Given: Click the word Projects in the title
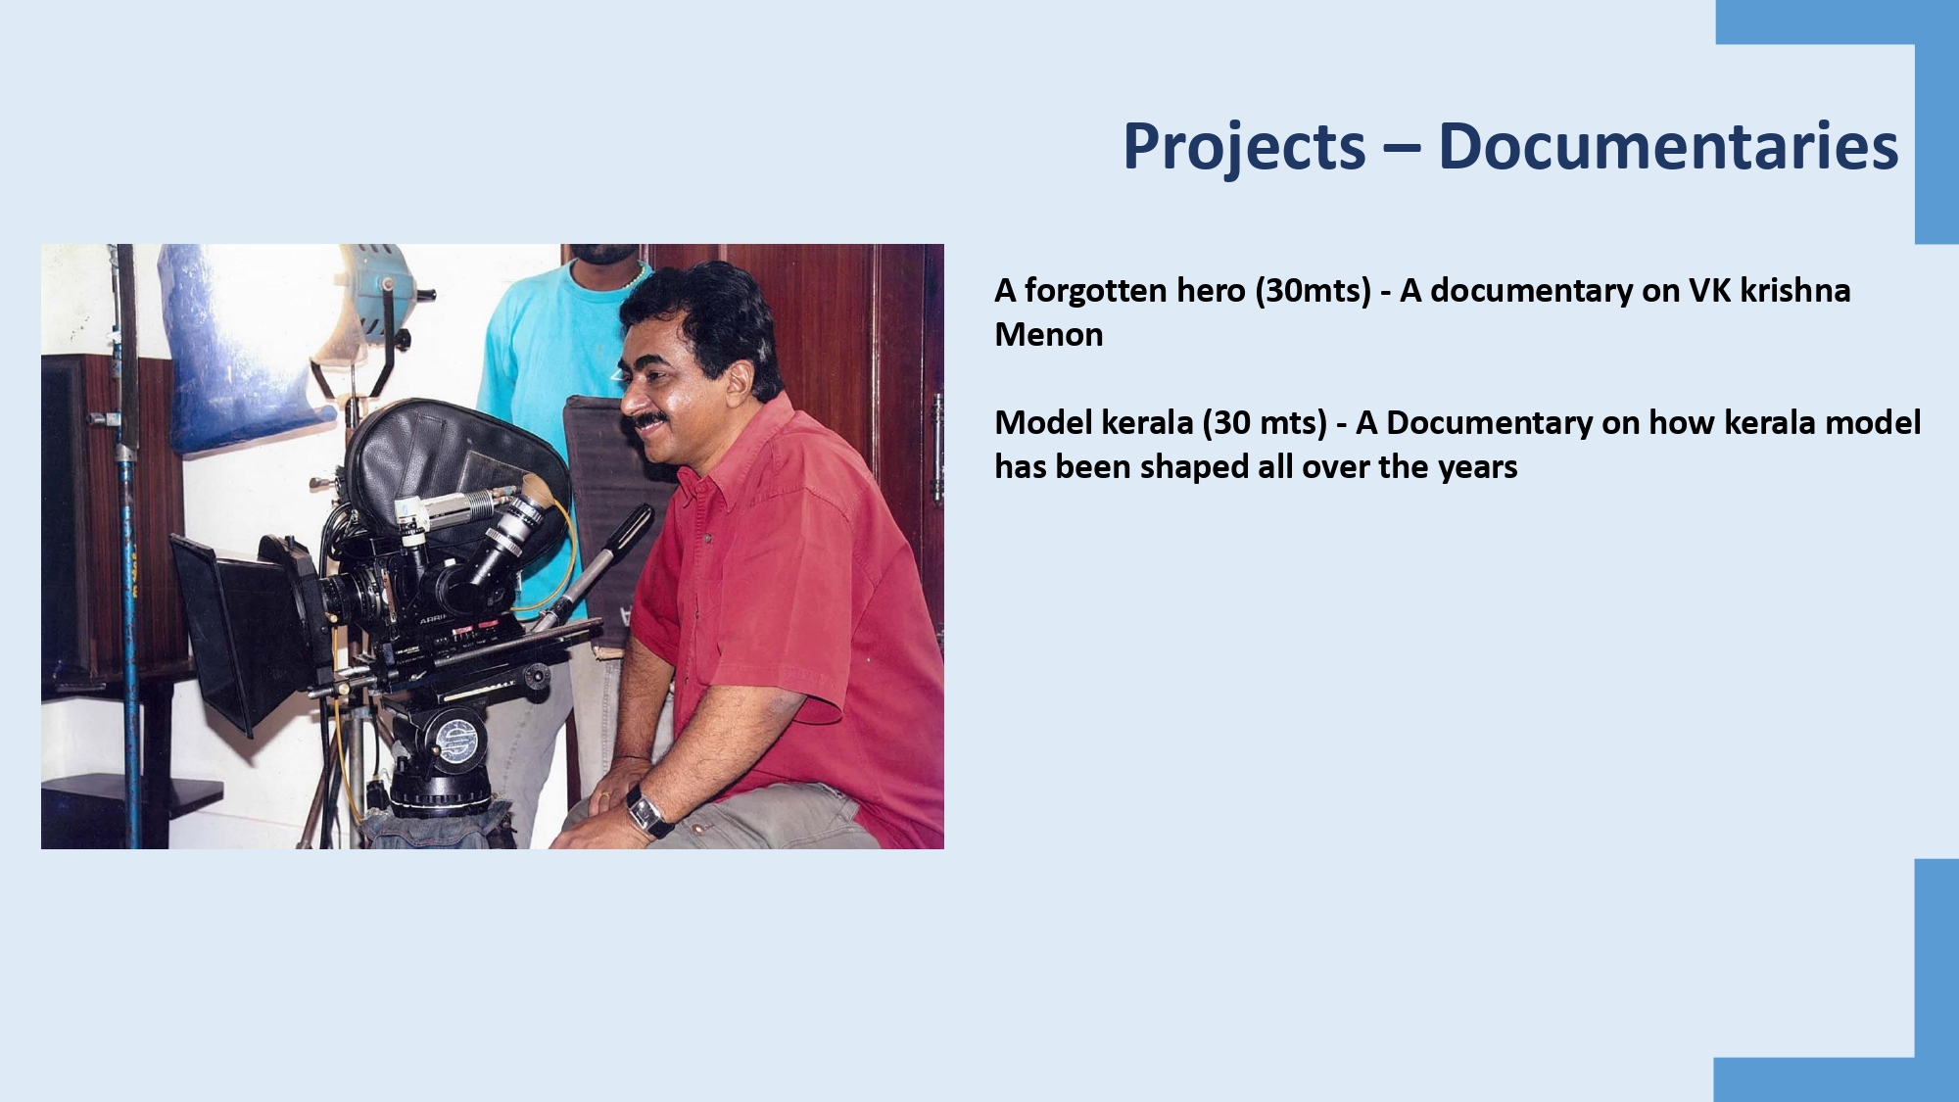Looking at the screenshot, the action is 1244,147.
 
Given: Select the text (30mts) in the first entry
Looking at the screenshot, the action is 1313,291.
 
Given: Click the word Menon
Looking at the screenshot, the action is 1049,335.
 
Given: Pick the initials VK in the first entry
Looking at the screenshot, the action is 1709,291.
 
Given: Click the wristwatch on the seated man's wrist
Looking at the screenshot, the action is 648,812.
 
